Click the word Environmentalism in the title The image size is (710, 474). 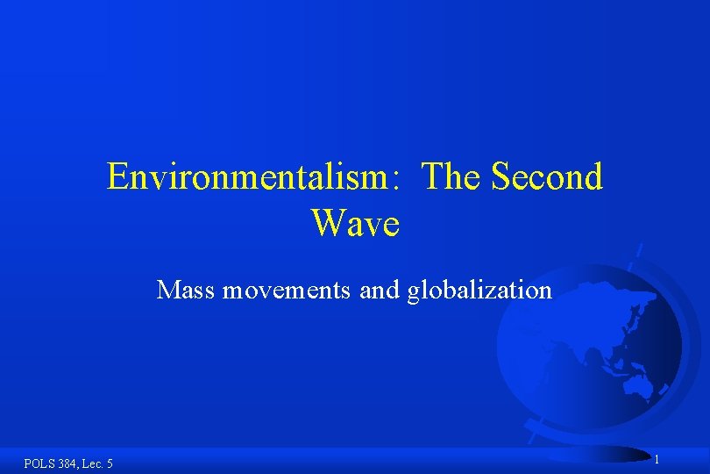click(x=245, y=177)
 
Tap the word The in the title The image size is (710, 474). click(x=451, y=177)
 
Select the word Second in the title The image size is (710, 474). click(x=547, y=177)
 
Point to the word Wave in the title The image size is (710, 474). click(x=355, y=224)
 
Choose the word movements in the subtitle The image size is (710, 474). click(x=287, y=290)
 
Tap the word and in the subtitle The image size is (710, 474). click(x=380, y=290)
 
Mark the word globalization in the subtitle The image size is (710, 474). click(x=479, y=290)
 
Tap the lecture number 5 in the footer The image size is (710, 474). click(x=109, y=463)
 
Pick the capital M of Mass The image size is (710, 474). click(x=167, y=290)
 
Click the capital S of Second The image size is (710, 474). click(x=501, y=177)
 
